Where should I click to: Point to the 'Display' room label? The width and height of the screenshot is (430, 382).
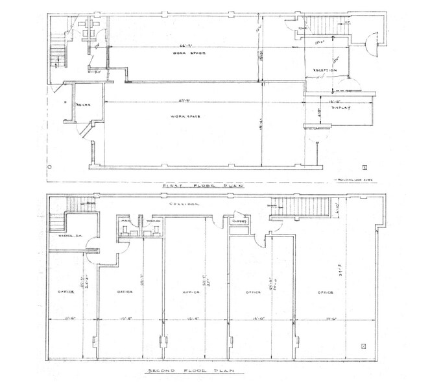[x=342, y=108]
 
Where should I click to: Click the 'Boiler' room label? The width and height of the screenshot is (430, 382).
[x=82, y=105]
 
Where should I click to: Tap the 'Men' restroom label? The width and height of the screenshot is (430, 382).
[x=126, y=222]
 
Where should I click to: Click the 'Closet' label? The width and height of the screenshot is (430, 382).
[x=237, y=222]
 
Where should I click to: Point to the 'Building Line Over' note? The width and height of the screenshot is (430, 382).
[x=354, y=179]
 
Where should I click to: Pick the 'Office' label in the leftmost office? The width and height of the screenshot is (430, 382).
[x=65, y=292]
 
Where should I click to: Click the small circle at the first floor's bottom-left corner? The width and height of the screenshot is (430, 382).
[x=50, y=167]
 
